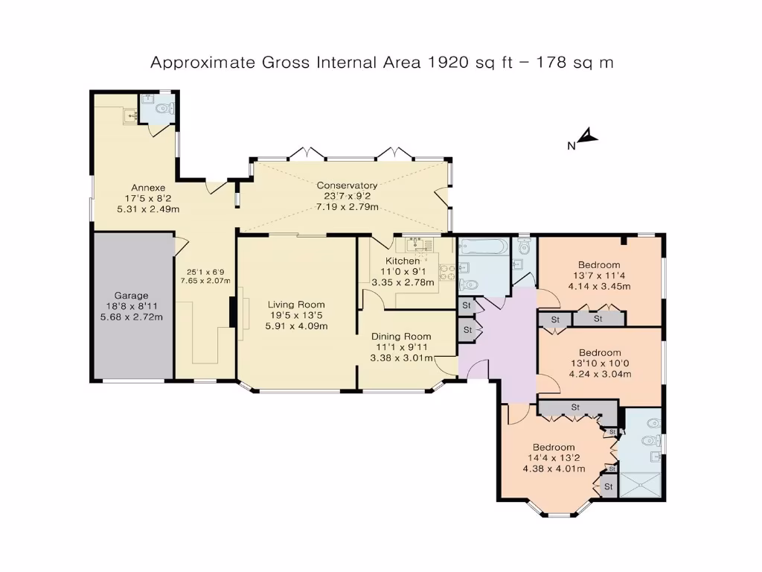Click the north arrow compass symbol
(588, 136)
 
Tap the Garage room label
(131, 295)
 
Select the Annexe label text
(148, 187)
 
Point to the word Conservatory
(347, 185)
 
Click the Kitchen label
(402, 261)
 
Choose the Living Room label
(296, 305)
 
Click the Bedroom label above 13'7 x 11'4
(599, 264)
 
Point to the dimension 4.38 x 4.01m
(554, 469)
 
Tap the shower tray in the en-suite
(640, 484)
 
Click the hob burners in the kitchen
(448, 272)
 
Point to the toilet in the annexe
(165, 109)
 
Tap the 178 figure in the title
(551, 63)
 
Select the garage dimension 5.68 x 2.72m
(131, 317)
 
